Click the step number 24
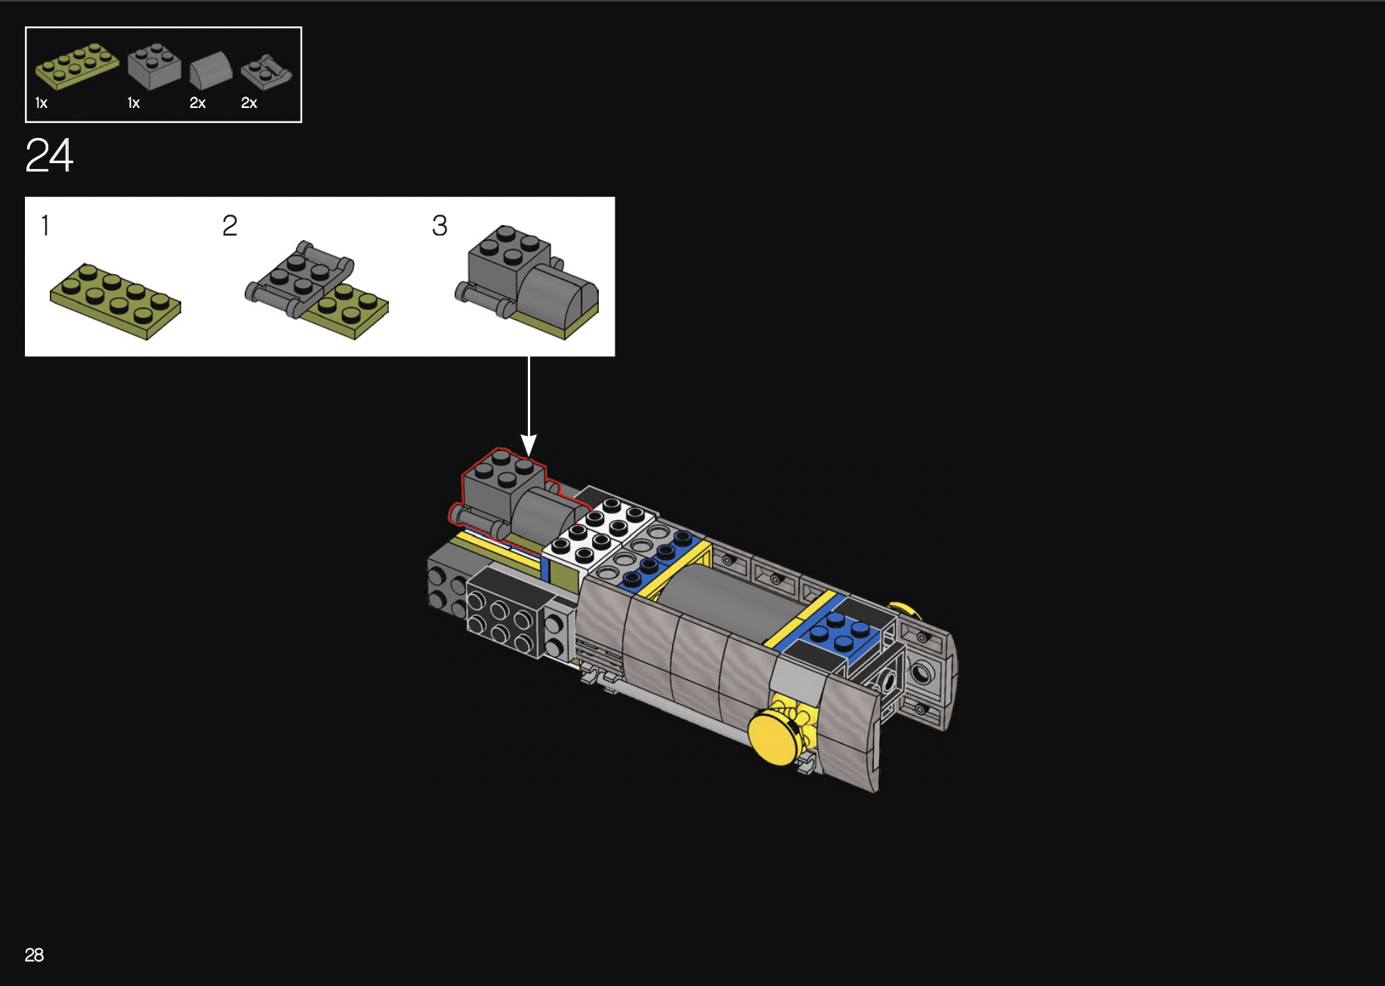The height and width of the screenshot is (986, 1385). pyautogui.click(x=49, y=156)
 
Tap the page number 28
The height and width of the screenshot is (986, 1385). pyautogui.click(x=34, y=955)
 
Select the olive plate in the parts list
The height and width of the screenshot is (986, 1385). pyautogui.click(x=77, y=66)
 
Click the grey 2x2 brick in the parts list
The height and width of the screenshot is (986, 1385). pyautogui.click(x=154, y=66)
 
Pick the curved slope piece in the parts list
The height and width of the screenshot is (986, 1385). pyautogui.click(x=211, y=71)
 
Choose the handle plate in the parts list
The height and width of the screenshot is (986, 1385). pyautogui.click(x=266, y=72)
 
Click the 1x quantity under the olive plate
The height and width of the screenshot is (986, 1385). pyautogui.click(x=42, y=103)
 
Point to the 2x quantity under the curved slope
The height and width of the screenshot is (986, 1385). pyautogui.click(x=197, y=103)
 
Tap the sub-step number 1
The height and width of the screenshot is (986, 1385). pyautogui.click(x=45, y=225)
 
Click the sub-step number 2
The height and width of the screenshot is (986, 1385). pyautogui.click(x=230, y=225)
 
